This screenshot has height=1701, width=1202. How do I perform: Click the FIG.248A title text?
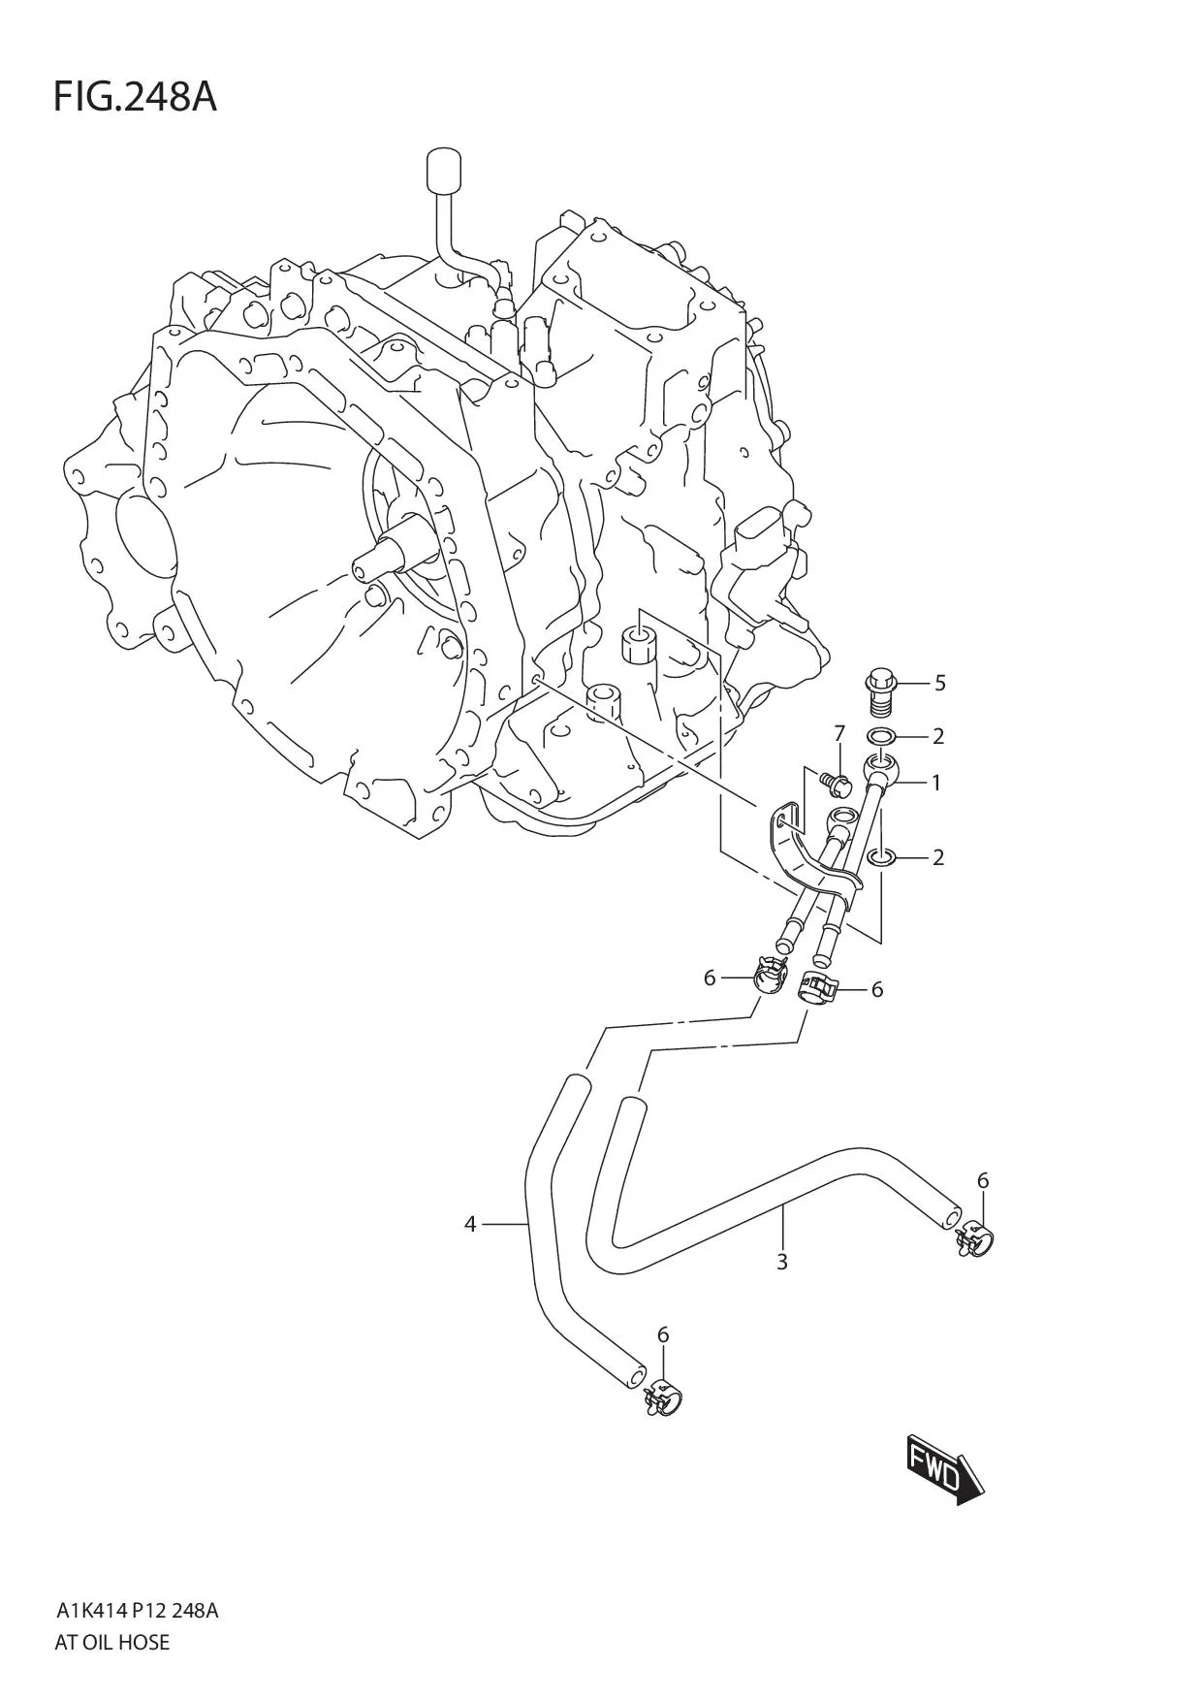point(135,97)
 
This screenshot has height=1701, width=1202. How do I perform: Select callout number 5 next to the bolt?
point(939,683)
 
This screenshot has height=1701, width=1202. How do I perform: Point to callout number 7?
point(839,732)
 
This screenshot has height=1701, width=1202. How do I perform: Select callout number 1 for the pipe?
point(935,782)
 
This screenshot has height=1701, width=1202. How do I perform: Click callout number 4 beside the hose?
point(470,1225)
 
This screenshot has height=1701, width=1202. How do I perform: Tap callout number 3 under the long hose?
point(781,1262)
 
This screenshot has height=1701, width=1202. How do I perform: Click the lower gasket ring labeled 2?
point(881,856)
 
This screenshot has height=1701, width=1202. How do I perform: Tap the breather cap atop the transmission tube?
point(441,171)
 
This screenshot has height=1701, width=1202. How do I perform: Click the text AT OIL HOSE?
point(112,1642)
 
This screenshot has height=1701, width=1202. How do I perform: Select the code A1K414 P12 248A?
point(137,1611)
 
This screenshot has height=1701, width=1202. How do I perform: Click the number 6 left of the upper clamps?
point(710,978)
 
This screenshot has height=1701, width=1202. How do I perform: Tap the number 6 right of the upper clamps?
point(876,989)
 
